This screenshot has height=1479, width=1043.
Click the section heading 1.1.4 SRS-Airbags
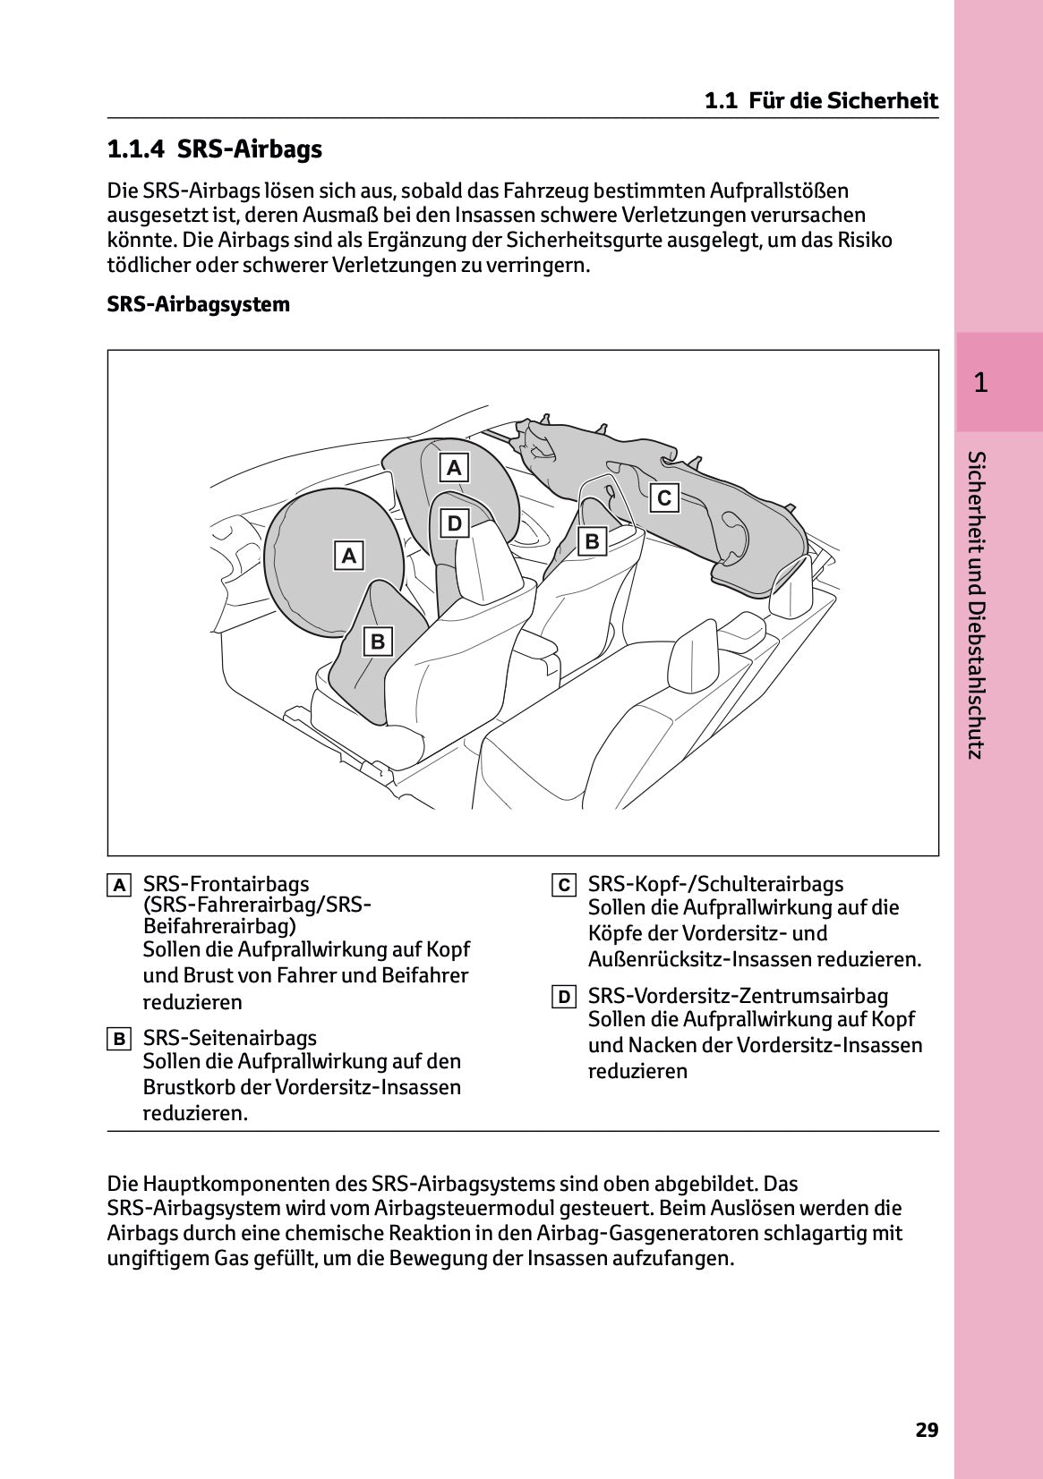pyautogui.click(x=214, y=149)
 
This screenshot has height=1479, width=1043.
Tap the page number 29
pyautogui.click(x=927, y=1430)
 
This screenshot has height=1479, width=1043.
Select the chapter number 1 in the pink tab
pyautogui.click(x=980, y=383)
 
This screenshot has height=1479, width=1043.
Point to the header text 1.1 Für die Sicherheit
pyautogui.click(x=821, y=100)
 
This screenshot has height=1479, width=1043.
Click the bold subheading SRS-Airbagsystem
pyautogui.click(x=198, y=304)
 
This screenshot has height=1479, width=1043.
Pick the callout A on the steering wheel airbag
pyautogui.click(x=349, y=556)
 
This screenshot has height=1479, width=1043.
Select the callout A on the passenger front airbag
pyautogui.click(x=454, y=467)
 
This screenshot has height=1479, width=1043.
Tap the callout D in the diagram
pyautogui.click(x=454, y=523)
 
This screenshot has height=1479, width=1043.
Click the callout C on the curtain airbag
pyautogui.click(x=664, y=497)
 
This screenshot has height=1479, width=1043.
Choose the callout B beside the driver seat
pyautogui.click(x=378, y=642)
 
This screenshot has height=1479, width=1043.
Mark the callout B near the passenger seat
pyautogui.click(x=592, y=541)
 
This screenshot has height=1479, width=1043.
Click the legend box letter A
pyautogui.click(x=118, y=886)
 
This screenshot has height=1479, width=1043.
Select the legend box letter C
pyautogui.click(x=563, y=886)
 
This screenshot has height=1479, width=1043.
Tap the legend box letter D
pyautogui.click(x=563, y=997)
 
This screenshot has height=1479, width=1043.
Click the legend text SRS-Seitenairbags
pyautogui.click(x=230, y=1038)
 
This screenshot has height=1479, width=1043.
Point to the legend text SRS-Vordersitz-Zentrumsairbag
pyautogui.click(x=738, y=996)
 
